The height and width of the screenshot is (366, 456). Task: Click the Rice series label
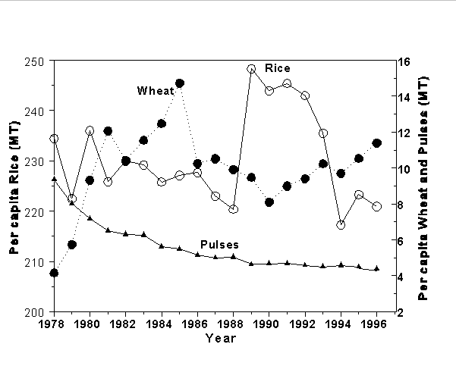[x=278, y=68]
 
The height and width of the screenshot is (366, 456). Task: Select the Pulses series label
[x=220, y=245]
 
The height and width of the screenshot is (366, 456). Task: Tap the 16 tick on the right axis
[x=403, y=61]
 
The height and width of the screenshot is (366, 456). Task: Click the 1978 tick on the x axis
[x=54, y=324]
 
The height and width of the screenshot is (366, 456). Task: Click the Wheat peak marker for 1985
[x=180, y=83]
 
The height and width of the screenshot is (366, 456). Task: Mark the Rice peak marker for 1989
[x=251, y=69]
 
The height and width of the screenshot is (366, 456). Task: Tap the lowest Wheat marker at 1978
[x=54, y=273]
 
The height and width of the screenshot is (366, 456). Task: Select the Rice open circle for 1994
[x=341, y=225]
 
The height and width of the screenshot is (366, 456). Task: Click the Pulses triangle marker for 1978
[x=54, y=179]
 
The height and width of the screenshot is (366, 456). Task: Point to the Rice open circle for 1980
[x=90, y=130]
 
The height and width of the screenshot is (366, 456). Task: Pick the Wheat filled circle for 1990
[x=269, y=202]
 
